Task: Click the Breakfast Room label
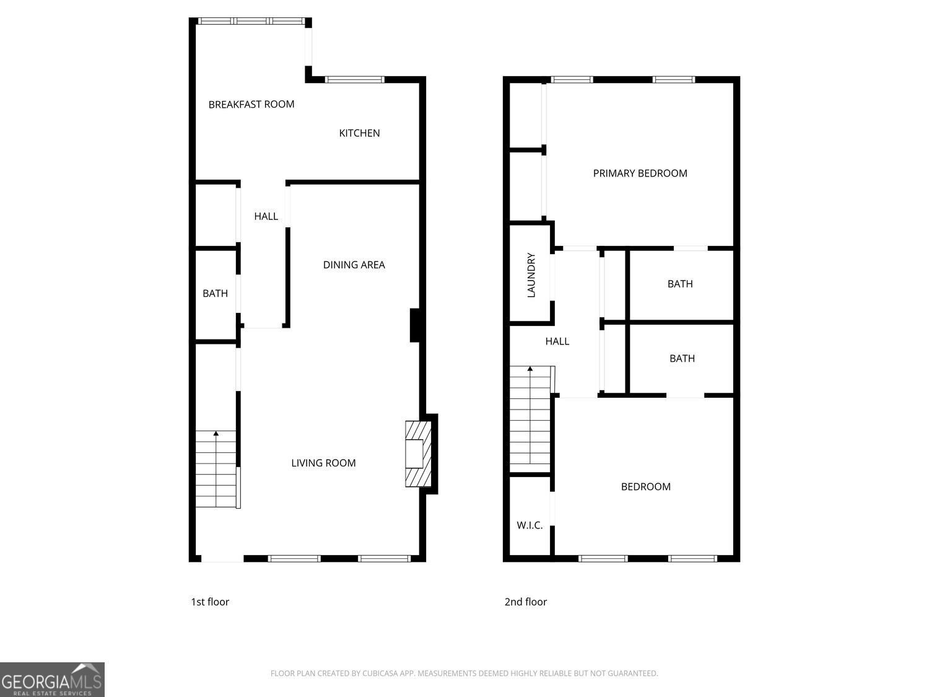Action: tap(251, 104)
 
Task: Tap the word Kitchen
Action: tap(359, 133)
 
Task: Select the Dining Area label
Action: tap(354, 265)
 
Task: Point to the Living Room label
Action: tap(323, 463)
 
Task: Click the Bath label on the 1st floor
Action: tap(215, 293)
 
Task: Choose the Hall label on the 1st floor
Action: tap(266, 216)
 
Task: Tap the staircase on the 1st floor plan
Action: tap(216, 469)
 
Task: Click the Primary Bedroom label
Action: tap(640, 173)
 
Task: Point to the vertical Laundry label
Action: tap(531, 275)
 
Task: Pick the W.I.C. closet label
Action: tap(530, 525)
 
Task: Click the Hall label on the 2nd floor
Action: tap(557, 341)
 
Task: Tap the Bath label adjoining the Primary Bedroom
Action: tap(679, 284)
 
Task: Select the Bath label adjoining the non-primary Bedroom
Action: tap(682, 358)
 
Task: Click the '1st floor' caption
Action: tap(210, 602)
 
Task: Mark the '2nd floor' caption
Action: tap(525, 602)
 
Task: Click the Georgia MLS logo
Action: tap(52, 680)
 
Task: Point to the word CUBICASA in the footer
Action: tap(379, 673)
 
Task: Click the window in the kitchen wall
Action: tap(355, 79)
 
